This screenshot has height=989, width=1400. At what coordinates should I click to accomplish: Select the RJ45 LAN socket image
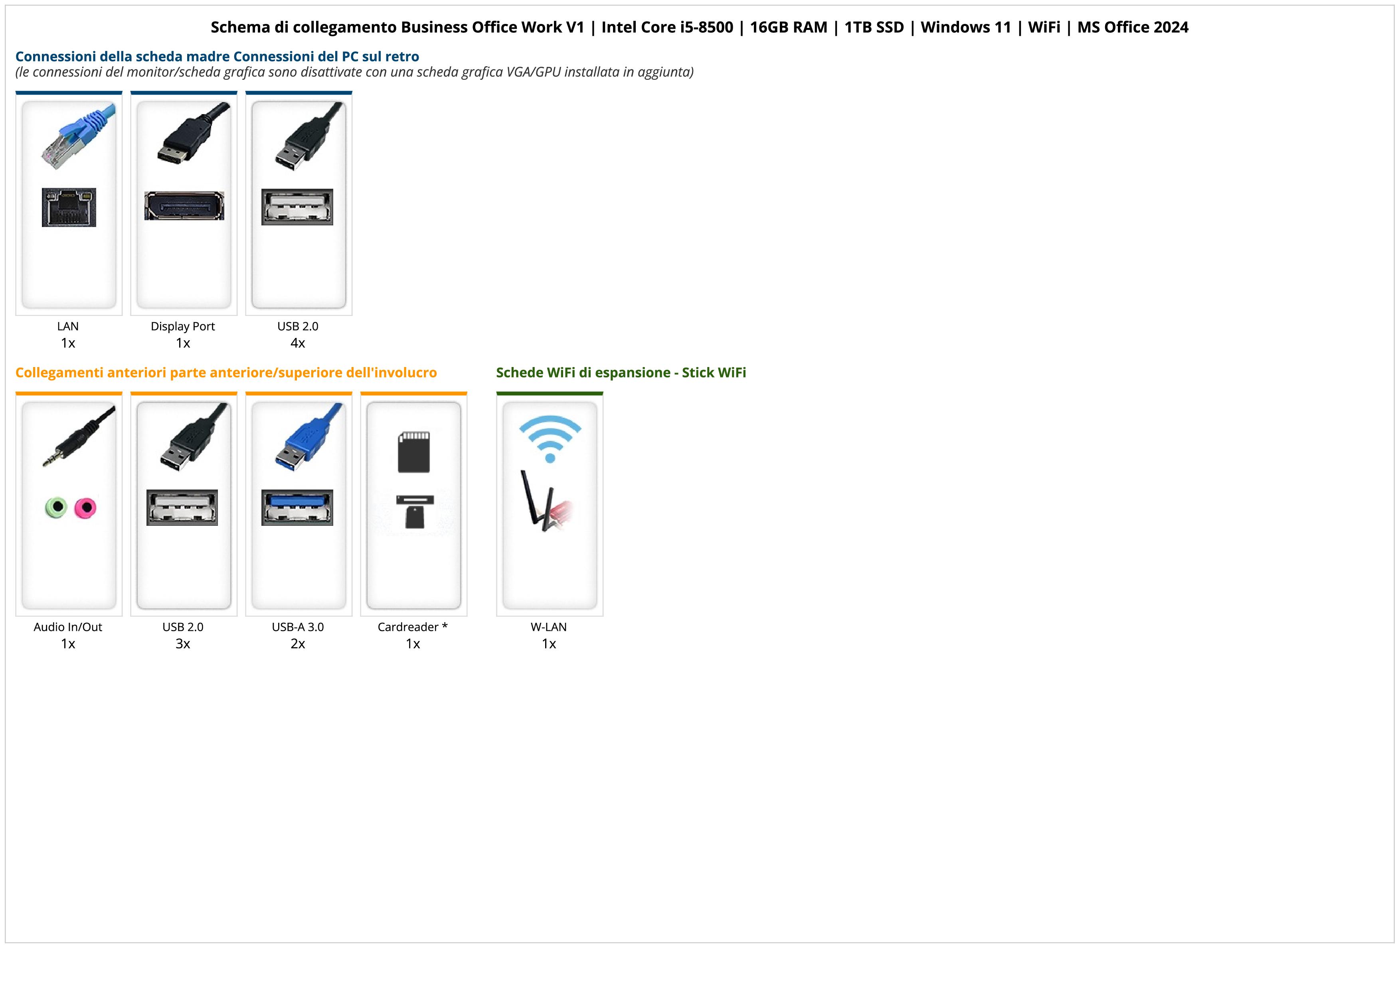69,207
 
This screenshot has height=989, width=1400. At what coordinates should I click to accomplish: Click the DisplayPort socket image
184,206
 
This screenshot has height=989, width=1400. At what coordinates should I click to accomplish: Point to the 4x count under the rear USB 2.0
298,343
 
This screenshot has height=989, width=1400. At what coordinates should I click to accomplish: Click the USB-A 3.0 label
298,627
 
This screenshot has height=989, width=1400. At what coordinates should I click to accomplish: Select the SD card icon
413,452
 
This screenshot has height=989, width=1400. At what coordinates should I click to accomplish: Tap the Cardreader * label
413,627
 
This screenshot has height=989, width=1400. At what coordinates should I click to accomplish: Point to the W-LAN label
549,627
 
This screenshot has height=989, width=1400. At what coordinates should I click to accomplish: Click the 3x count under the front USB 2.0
183,644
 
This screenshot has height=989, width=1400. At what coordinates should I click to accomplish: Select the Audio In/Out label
68,627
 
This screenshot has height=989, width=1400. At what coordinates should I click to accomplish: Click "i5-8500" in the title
706,28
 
